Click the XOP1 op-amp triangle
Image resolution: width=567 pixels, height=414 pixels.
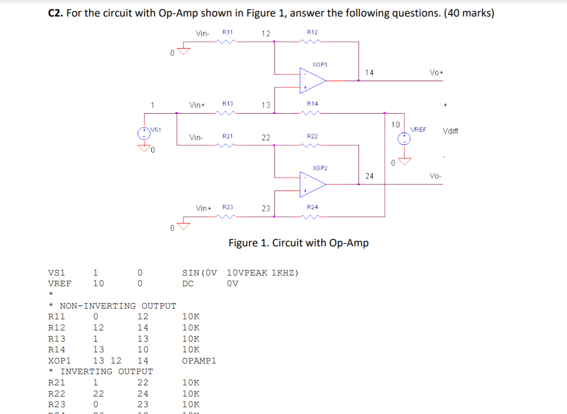pyautogui.click(x=312, y=79)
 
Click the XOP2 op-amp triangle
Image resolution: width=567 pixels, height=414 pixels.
pyautogui.click(x=312, y=184)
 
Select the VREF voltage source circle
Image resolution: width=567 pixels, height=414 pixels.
pyautogui.click(x=403, y=138)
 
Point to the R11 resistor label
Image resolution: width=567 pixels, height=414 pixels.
pyautogui.click(x=228, y=32)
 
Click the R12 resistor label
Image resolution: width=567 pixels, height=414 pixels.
pyautogui.click(x=312, y=32)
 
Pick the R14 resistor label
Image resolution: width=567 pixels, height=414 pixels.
pyautogui.click(x=312, y=103)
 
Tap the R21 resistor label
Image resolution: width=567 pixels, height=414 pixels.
pyautogui.click(x=228, y=137)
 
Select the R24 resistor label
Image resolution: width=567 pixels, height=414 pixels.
pyautogui.click(x=312, y=207)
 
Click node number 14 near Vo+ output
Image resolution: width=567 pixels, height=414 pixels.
pyautogui.click(x=369, y=72)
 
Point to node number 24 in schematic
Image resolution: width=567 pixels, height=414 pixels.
pyautogui.click(x=369, y=176)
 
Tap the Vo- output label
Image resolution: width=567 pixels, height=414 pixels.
pyautogui.click(x=436, y=176)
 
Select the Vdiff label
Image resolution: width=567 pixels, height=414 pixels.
pyautogui.click(x=450, y=131)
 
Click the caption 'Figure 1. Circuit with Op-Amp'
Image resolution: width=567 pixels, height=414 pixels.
pyautogui.click(x=299, y=242)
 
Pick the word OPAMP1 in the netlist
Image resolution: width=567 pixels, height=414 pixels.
pyautogui.click(x=199, y=361)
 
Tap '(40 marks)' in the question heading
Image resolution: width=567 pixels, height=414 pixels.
pyautogui.click(x=467, y=13)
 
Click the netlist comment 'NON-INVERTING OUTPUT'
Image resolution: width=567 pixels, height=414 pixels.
pyautogui.click(x=118, y=306)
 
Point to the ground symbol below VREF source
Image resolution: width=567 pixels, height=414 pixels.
pyautogui.click(x=403, y=160)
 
